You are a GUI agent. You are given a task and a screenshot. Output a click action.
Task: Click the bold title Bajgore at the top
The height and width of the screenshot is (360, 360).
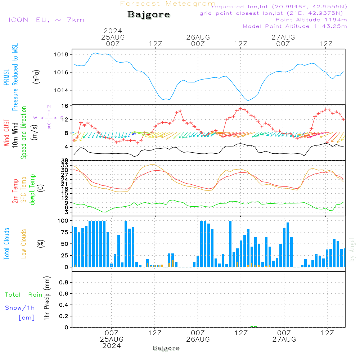(149, 15)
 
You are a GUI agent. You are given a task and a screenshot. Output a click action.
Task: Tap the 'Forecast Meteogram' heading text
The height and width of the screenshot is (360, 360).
(168, 4)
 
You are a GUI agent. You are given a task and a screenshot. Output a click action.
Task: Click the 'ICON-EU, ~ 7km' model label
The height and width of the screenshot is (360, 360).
(46, 19)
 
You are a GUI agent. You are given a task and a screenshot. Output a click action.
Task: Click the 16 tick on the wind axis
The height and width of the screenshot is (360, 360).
(65, 106)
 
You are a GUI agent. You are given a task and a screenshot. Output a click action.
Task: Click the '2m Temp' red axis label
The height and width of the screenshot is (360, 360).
(15, 191)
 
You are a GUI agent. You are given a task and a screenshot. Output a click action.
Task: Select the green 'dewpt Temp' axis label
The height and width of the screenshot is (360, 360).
(32, 190)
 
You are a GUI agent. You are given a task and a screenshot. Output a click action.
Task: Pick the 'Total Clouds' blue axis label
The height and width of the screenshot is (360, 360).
(7, 244)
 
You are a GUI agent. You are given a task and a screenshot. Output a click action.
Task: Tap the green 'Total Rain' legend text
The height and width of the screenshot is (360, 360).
(23, 294)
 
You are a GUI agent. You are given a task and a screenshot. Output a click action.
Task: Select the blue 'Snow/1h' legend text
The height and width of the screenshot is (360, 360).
(20, 308)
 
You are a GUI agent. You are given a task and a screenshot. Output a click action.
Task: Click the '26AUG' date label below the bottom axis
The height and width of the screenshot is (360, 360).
(198, 339)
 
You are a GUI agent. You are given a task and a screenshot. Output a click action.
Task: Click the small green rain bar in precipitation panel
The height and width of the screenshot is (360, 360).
(254, 326)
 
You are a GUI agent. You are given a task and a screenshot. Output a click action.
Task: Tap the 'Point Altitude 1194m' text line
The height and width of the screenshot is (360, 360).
(311, 19)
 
